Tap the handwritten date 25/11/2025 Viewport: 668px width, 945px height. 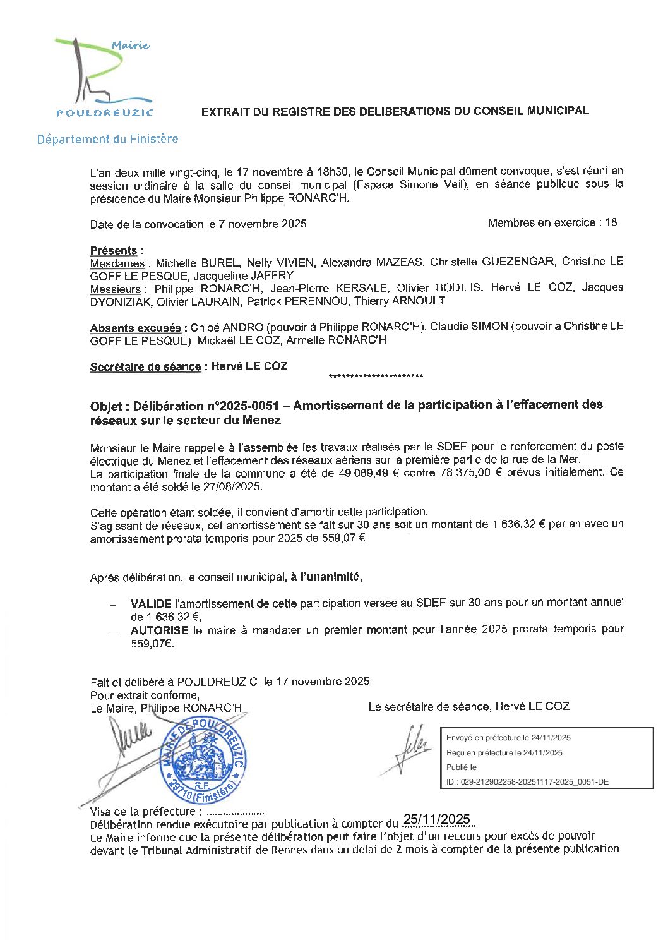437,819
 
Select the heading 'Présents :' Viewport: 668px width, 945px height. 117,251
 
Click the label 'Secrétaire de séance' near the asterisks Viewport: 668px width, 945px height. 145,367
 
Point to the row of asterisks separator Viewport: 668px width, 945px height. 376,377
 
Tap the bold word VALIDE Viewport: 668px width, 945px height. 151,604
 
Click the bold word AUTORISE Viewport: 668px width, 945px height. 159,630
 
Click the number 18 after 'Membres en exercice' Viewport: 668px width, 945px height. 611,222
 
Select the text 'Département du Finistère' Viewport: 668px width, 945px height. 107,139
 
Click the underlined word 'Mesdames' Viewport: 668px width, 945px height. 117,263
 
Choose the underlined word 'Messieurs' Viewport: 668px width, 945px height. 116,289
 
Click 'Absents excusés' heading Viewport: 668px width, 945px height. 135,328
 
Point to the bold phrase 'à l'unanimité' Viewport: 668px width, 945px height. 326,577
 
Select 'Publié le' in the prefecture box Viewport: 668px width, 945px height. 462,767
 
